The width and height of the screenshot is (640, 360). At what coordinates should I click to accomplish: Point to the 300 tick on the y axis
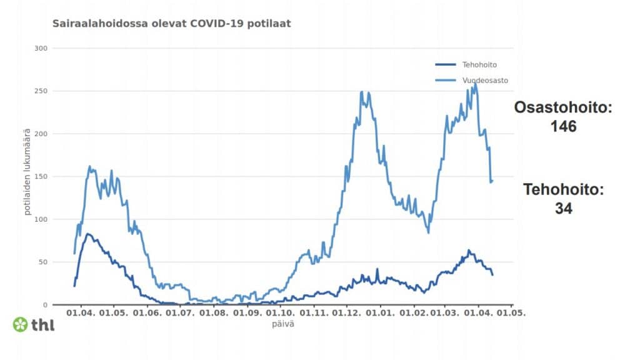click(x=42, y=48)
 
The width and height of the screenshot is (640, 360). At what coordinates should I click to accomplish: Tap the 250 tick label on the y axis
click(x=42, y=91)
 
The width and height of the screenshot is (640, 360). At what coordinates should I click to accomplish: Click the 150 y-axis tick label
click(x=42, y=176)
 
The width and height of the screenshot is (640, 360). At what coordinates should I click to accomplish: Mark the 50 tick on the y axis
click(x=44, y=262)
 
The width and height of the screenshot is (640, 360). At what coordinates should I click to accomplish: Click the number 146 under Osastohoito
click(x=563, y=127)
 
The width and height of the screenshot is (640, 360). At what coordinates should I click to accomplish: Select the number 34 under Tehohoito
click(x=564, y=209)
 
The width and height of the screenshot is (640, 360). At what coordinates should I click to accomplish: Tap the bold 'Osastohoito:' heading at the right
click(x=563, y=107)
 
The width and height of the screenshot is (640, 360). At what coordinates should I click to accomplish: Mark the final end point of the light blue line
click(x=492, y=181)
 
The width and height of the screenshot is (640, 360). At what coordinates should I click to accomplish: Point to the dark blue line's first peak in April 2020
click(x=88, y=234)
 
